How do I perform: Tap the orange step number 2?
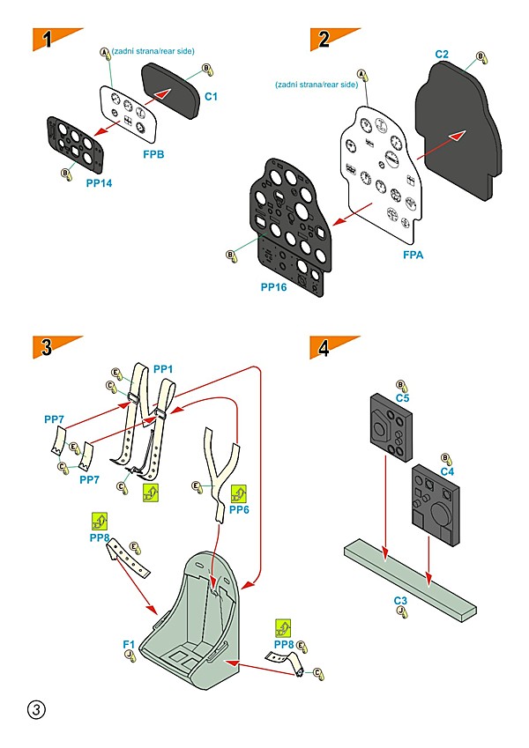point(325,40)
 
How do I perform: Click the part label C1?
point(211,95)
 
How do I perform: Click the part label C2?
point(443,55)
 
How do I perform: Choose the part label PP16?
point(274,287)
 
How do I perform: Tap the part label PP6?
point(239,510)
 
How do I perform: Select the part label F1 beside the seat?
point(129,645)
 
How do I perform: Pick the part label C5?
point(402,398)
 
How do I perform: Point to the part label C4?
point(447,472)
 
